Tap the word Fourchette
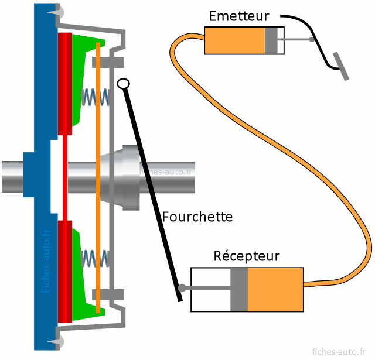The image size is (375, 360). click(197, 217)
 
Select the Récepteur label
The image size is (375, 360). click(247, 256)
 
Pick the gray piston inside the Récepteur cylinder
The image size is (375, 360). click(239, 289)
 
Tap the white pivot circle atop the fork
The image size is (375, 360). click(122, 84)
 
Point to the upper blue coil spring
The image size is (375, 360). click(95, 97)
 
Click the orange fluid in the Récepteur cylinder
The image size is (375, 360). click(275, 289)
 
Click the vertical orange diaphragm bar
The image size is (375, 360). click(98, 176)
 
